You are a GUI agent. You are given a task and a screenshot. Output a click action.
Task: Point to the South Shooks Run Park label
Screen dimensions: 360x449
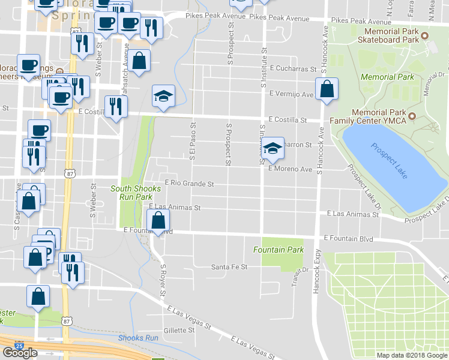pos(136,193)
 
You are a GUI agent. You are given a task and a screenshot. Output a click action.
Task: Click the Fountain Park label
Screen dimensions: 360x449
pos(278,250)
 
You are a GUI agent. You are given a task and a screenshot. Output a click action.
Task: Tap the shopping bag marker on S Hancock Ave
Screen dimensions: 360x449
pos(326,89)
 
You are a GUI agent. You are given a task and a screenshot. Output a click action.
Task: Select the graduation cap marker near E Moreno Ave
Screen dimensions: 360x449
pos(273,148)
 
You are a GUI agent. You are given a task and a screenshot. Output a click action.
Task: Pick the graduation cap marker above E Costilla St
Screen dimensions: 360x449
pos(163,96)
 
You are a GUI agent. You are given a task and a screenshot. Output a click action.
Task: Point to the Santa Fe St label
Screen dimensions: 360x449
pos(229,267)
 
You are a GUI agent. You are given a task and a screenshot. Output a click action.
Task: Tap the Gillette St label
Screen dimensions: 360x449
pos(179,330)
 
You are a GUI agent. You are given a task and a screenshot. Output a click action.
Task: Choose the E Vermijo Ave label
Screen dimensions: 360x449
pos(292,94)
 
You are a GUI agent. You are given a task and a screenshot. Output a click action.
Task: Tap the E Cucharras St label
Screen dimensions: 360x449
pos(293,69)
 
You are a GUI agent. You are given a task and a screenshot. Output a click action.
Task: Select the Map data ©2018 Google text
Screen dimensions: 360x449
pos(411,355)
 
